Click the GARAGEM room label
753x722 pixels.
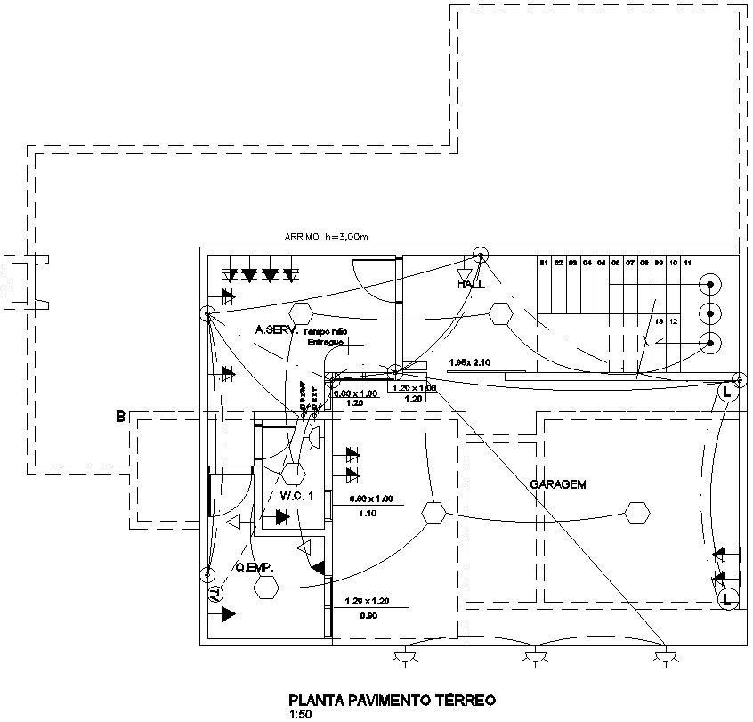(558, 485)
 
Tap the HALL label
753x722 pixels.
(471, 284)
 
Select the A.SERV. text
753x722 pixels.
(275, 329)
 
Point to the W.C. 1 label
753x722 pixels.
(297, 495)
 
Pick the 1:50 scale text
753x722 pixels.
(302, 713)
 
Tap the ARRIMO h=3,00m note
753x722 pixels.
(325, 237)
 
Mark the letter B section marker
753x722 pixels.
(120, 416)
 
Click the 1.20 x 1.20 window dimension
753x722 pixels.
(367, 601)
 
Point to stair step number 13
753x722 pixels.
(660, 320)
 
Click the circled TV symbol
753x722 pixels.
(215, 594)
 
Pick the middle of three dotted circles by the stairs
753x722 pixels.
(710, 312)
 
